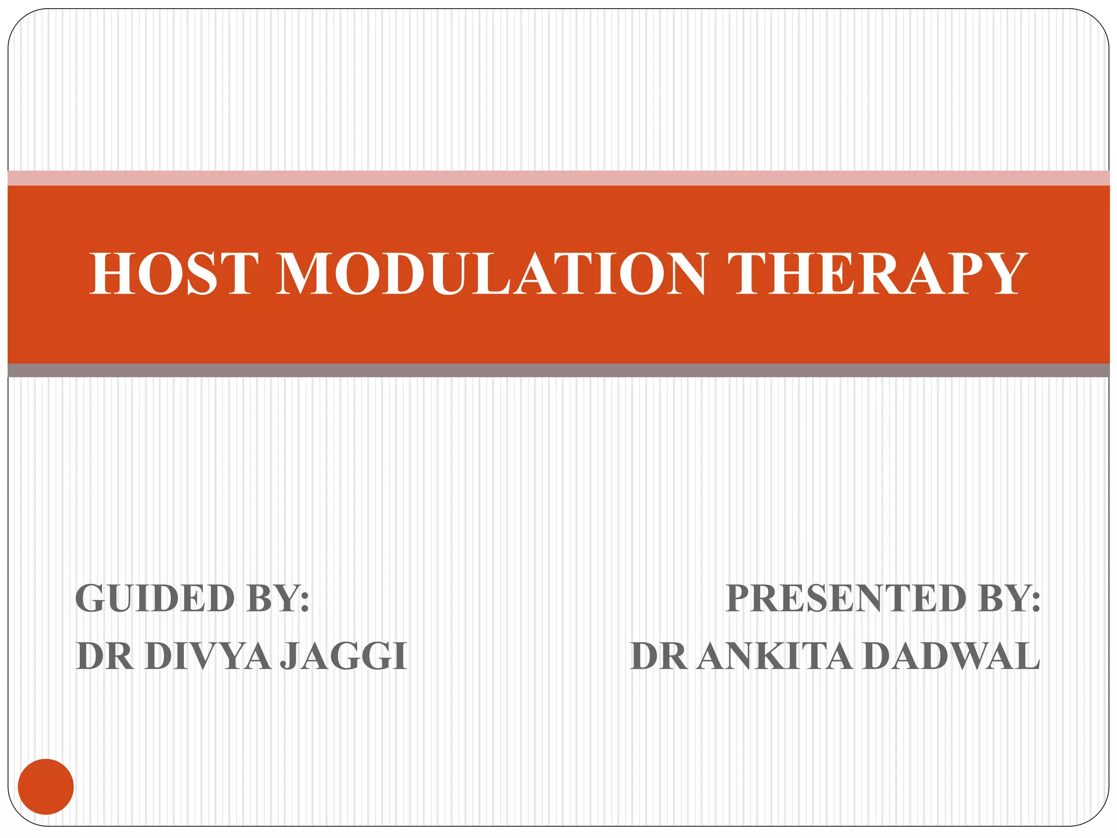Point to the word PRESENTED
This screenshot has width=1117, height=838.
pyautogui.click(x=846, y=599)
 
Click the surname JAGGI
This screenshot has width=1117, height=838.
pyautogui.click(x=344, y=656)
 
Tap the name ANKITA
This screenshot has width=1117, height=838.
pyautogui.click(x=774, y=656)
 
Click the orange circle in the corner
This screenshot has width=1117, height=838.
pyautogui.click(x=46, y=786)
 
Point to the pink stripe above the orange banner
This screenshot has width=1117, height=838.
pyautogui.click(x=558, y=178)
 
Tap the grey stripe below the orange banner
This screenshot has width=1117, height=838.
pyautogui.click(x=558, y=370)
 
